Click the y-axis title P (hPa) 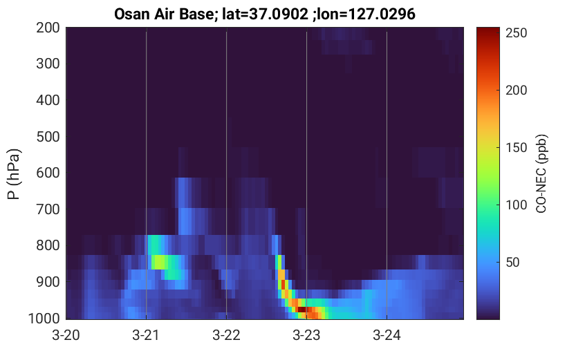click(14, 174)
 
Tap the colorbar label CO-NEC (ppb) click(541, 173)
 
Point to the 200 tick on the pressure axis click(48, 28)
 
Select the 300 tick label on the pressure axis click(48, 64)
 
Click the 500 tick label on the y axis click(48, 137)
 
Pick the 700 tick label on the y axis click(48, 209)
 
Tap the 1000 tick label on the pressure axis click(44, 318)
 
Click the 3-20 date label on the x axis click(66, 335)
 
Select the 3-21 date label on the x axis click(146, 335)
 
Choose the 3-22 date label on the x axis click(226, 335)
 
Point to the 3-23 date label click(306, 335)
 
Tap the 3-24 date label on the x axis click(387, 335)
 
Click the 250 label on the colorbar click(516, 33)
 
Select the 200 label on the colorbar click(516, 91)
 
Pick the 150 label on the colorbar click(516, 147)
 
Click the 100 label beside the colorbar click(516, 205)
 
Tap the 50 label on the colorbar click(512, 263)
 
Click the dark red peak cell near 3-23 click(301, 310)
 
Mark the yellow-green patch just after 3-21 click(160, 262)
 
